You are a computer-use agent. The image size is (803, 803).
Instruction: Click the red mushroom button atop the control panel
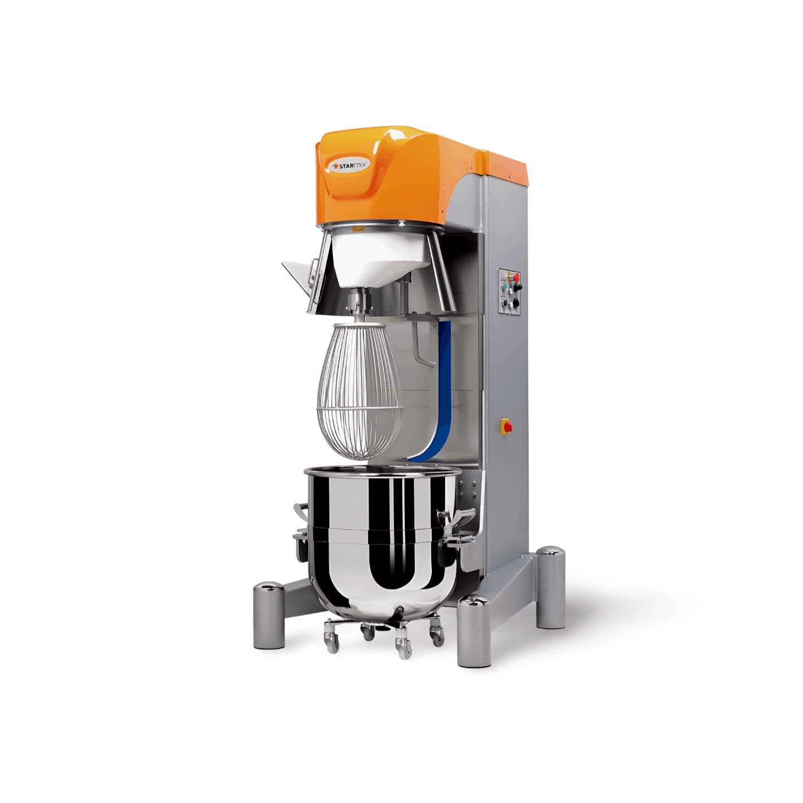(516, 277)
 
